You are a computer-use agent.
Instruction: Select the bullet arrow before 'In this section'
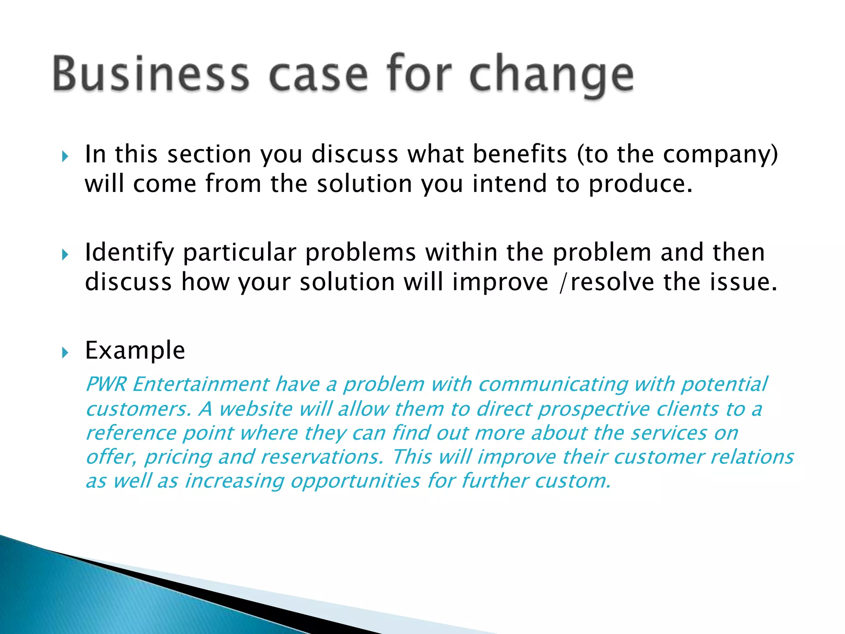coord(65,156)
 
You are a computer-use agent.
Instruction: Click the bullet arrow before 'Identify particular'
coord(65,255)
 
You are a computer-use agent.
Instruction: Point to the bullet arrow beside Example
coord(65,352)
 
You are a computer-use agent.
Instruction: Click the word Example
coord(135,351)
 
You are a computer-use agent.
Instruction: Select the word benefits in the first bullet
coord(520,154)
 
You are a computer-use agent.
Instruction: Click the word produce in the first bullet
coord(640,184)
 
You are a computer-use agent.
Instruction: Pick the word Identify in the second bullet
coord(129,253)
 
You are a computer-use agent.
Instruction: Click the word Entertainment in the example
coord(201,384)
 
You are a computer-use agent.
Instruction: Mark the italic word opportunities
coord(355,482)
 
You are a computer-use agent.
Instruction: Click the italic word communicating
coord(553,385)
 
